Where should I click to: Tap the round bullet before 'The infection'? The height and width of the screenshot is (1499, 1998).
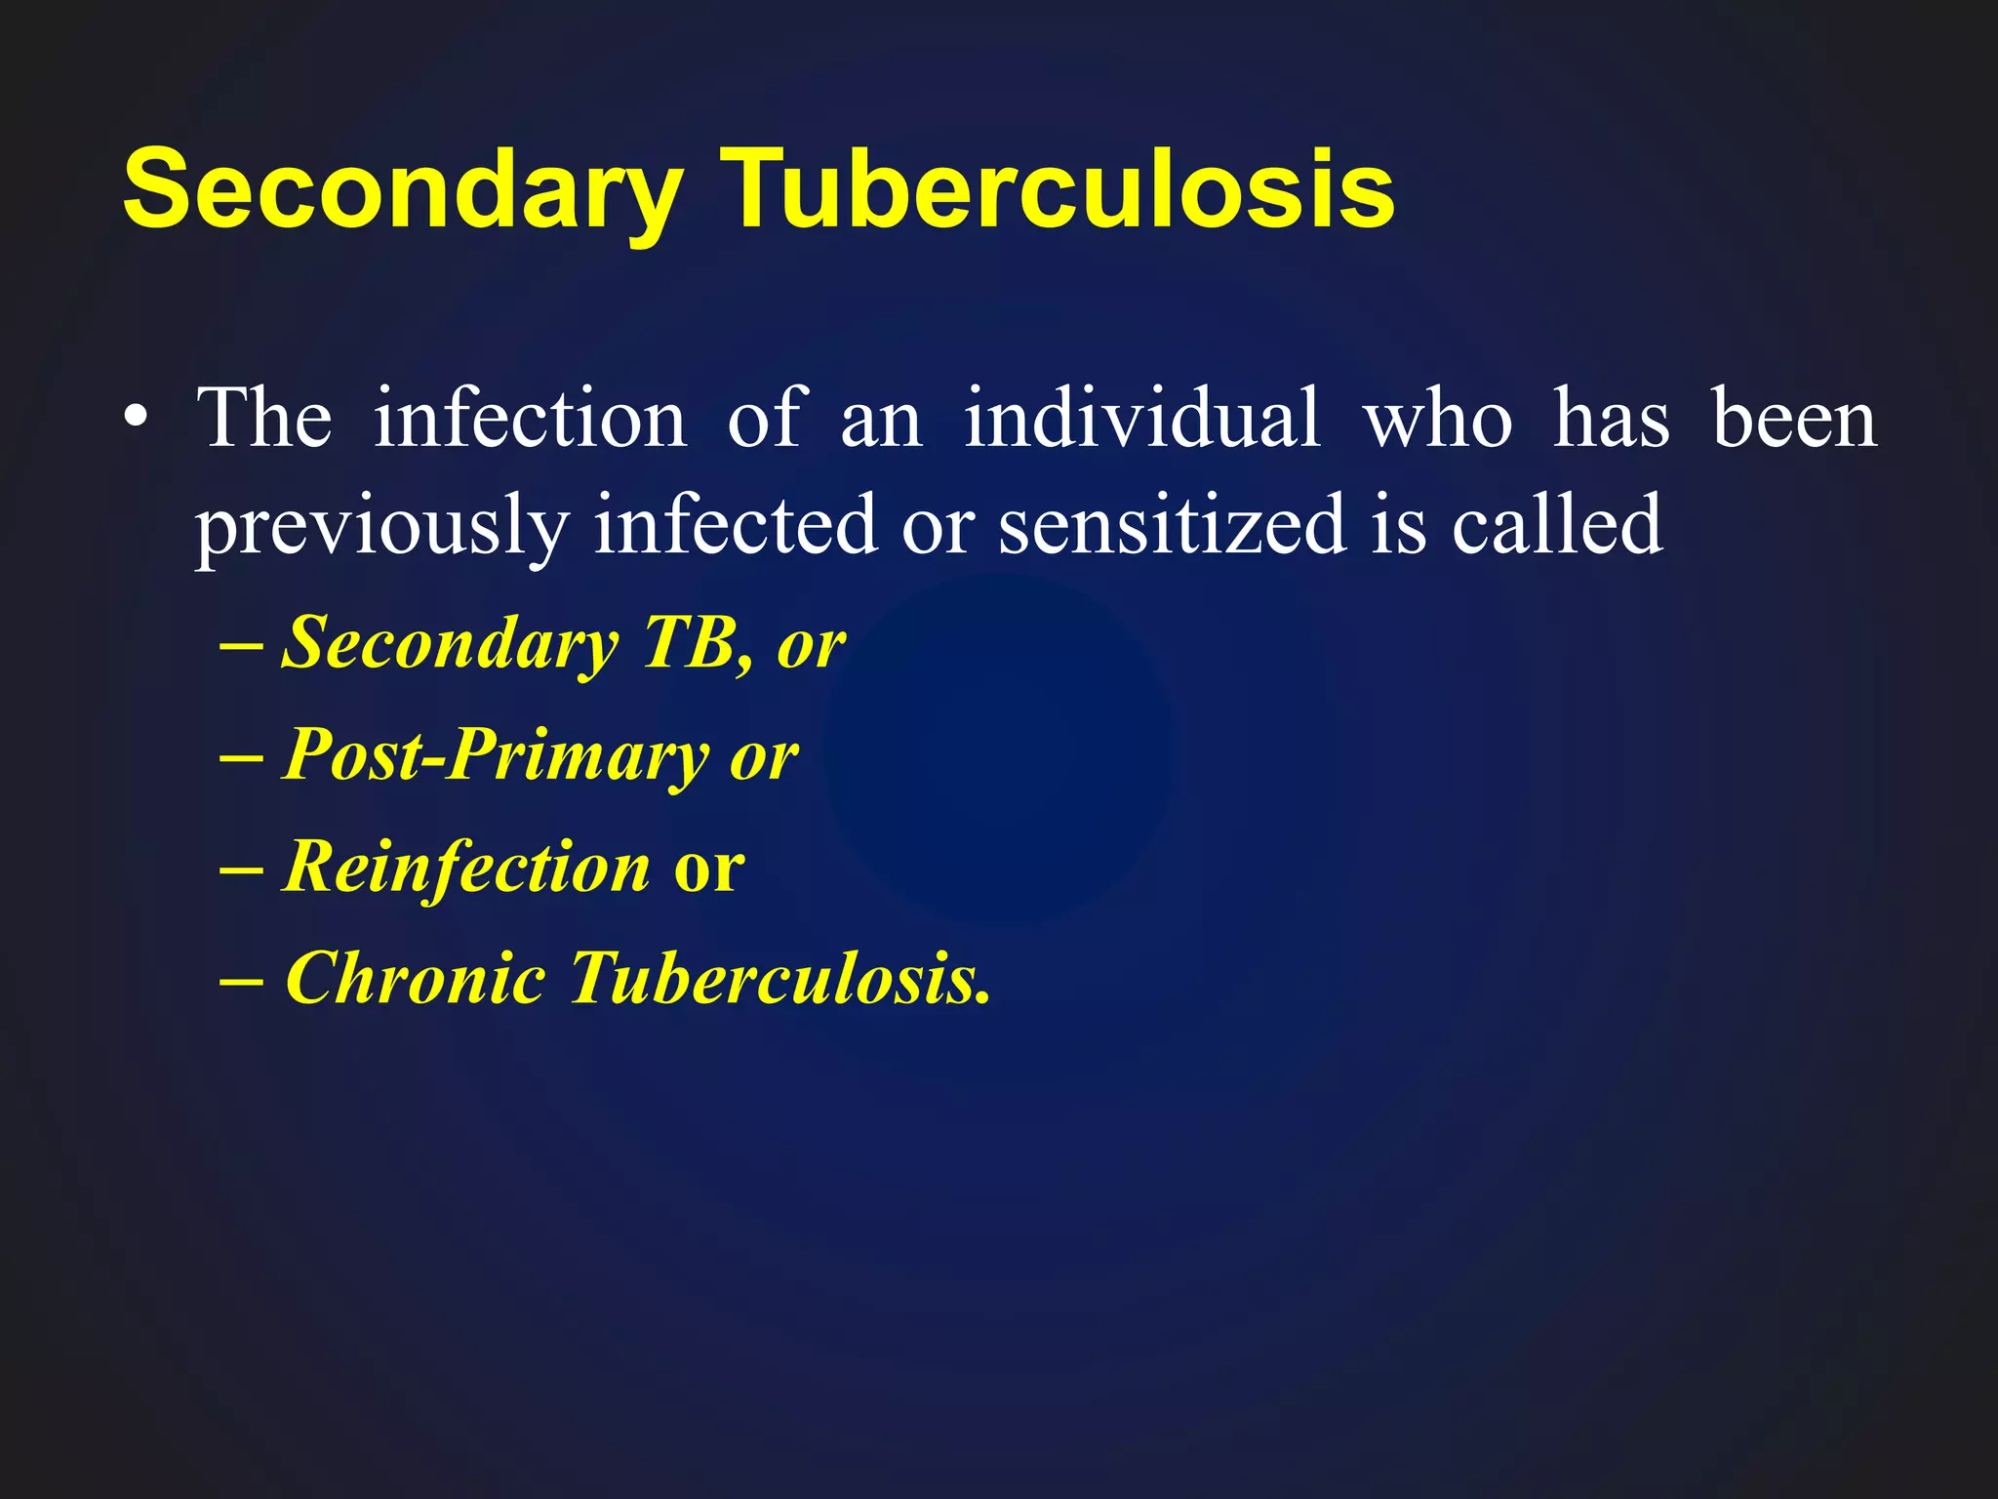(x=137, y=420)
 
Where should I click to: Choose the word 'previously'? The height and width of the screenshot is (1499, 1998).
(x=381, y=527)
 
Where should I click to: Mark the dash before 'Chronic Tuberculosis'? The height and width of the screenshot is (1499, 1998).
(x=241, y=979)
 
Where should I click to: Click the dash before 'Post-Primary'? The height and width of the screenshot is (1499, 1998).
(x=241, y=757)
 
